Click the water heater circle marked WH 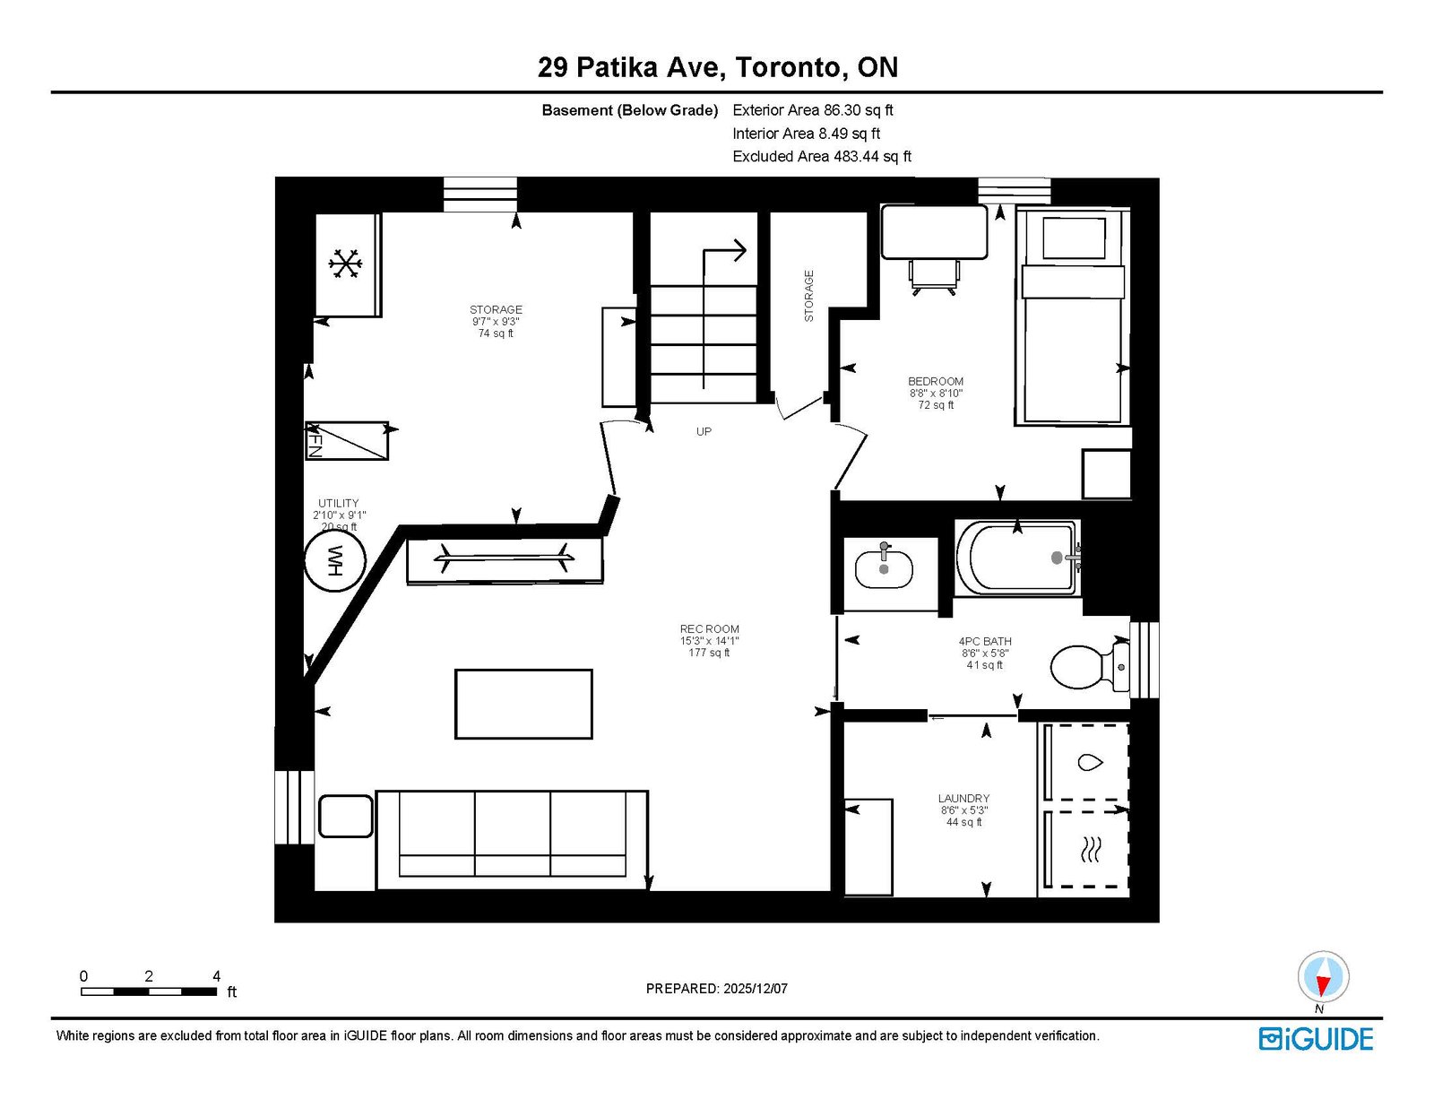(x=334, y=561)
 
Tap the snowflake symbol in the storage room (x=345, y=264)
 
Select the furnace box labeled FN (x=347, y=440)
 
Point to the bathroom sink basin (x=885, y=569)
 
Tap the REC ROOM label (x=710, y=629)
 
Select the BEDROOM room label (x=935, y=381)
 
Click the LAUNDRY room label (x=963, y=798)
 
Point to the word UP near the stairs (x=704, y=431)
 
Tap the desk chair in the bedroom (x=934, y=276)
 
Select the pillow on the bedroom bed (x=1074, y=238)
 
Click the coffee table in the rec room (x=523, y=704)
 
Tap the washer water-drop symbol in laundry (x=1090, y=763)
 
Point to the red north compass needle (x=1323, y=985)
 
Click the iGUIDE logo (x=1316, y=1039)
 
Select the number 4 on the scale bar (x=217, y=975)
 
